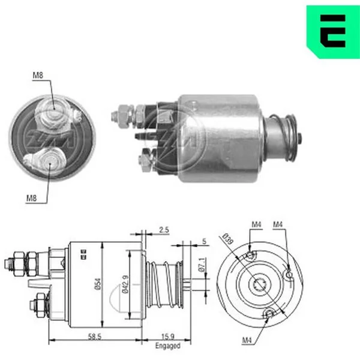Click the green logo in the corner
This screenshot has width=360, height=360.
click(333, 31)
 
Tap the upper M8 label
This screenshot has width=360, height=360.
click(38, 76)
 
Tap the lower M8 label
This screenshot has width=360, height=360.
click(31, 198)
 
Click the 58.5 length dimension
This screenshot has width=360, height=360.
click(95, 337)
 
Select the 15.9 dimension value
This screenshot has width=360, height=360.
click(168, 337)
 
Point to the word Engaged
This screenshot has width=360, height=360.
click(168, 346)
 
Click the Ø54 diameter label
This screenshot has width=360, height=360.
click(98, 284)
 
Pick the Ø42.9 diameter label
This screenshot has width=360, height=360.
click(125, 284)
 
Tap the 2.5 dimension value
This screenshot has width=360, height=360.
click(164, 230)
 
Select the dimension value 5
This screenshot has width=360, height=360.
click(204, 241)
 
